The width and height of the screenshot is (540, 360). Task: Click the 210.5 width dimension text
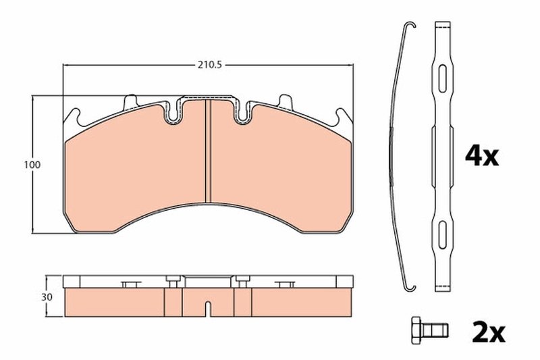point(209,65)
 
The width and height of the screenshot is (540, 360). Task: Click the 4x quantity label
point(481,157)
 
